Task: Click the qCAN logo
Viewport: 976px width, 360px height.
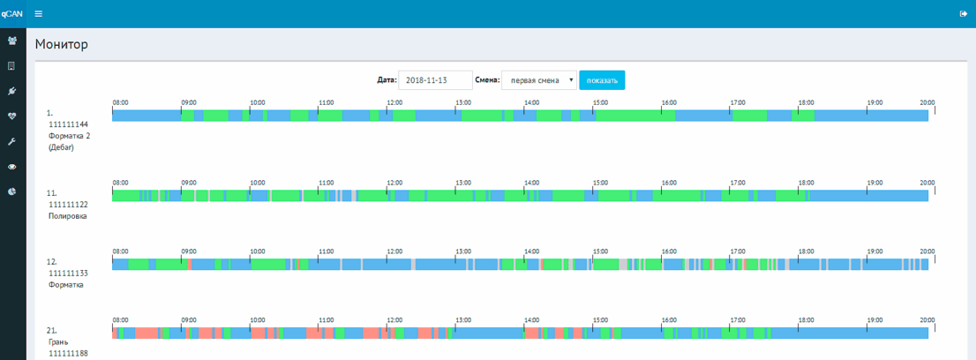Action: point(12,14)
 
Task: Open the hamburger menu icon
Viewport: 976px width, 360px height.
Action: point(39,14)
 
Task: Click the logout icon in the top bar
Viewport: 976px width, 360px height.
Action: point(963,14)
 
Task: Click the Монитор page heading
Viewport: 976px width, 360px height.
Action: point(62,44)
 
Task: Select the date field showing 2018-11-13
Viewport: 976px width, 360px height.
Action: point(435,80)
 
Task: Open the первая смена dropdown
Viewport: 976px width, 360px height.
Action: point(539,80)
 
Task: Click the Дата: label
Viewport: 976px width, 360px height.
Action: point(387,80)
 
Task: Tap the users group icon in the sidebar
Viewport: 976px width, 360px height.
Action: point(11,41)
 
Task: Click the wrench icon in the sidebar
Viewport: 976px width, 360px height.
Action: point(11,141)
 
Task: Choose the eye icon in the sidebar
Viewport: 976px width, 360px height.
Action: point(11,166)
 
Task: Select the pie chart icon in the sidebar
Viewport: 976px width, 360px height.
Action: point(11,191)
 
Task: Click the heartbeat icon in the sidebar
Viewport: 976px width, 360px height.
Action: point(11,116)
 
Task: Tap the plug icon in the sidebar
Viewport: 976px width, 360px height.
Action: point(11,91)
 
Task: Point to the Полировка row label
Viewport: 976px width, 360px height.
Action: point(68,216)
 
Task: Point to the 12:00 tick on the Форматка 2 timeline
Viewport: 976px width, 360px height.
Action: point(387,110)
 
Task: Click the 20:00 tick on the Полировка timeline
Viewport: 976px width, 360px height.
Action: point(935,190)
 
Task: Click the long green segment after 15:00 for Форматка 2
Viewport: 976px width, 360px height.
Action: point(635,116)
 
